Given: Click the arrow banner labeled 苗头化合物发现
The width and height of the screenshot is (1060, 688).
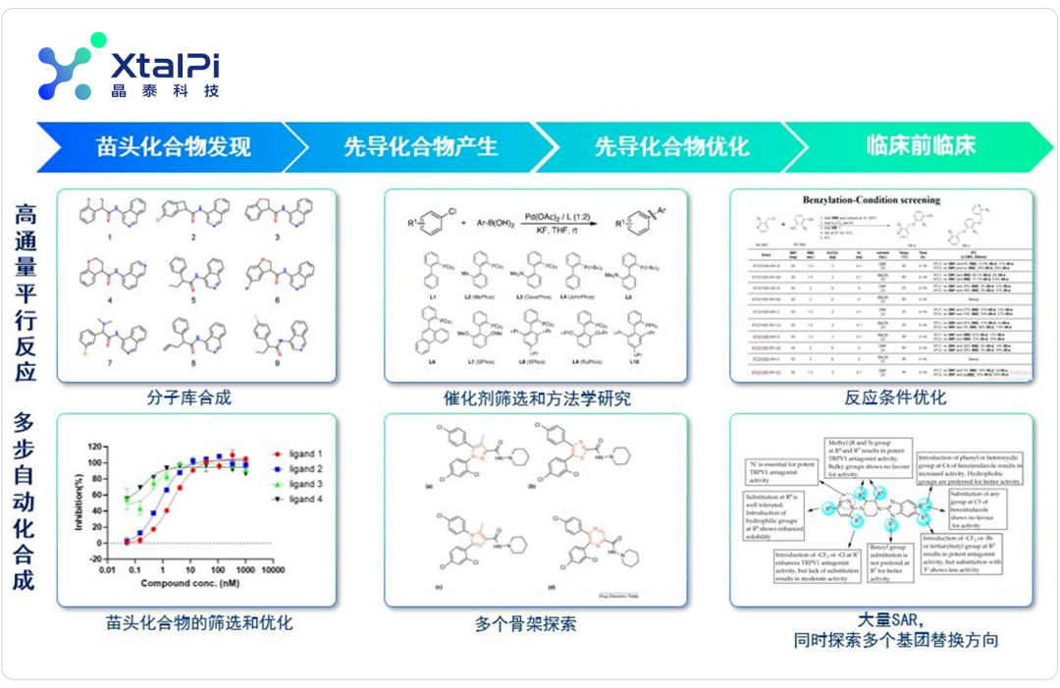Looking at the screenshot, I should coord(173,147).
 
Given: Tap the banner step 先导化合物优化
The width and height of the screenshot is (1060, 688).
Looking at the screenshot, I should coord(671,147).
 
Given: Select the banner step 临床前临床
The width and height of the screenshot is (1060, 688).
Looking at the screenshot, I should coord(920,147).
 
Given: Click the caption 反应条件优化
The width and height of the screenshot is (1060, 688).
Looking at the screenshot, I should coord(895,397).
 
